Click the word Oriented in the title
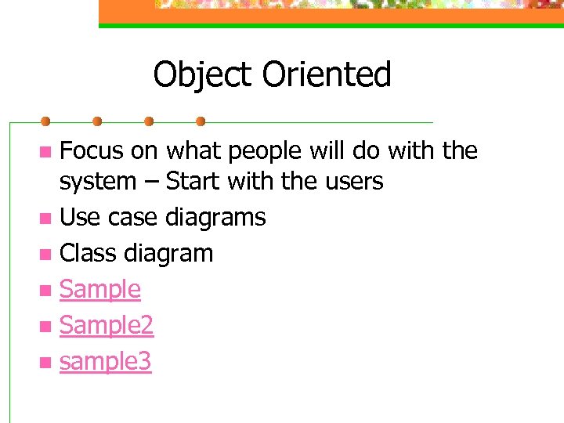[327, 76]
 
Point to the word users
[351, 182]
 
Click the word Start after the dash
[194, 182]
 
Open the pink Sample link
[100, 290]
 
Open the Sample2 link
[107, 326]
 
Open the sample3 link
[106, 362]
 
